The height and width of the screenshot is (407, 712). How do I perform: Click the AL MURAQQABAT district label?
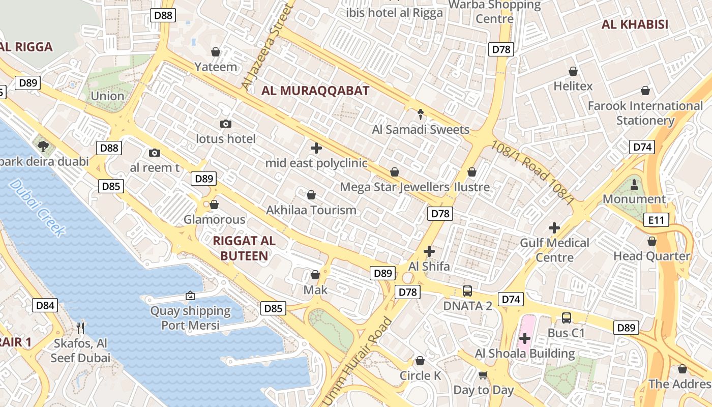click(x=315, y=91)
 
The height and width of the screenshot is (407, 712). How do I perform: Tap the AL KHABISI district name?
click(x=635, y=24)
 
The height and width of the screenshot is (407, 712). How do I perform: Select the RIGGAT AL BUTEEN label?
click(x=244, y=248)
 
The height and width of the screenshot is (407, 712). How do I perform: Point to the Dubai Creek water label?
click(x=37, y=208)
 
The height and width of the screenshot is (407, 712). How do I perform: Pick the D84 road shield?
click(x=45, y=305)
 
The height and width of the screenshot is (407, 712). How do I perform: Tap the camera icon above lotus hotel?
click(x=226, y=124)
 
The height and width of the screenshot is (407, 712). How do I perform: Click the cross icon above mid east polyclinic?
click(x=316, y=148)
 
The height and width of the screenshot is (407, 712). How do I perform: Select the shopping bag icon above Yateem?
click(x=216, y=52)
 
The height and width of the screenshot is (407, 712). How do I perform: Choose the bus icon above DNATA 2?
click(x=467, y=291)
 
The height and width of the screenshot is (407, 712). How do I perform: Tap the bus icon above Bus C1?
click(x=567, y=318)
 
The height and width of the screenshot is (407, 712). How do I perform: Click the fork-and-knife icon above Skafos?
click(x=80, y=328)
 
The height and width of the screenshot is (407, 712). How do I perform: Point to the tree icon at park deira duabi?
click(x=43, y=147)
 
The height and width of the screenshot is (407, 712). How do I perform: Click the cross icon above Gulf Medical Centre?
click(x=554, y=228)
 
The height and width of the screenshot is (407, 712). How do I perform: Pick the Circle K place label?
click(x=420, y=376)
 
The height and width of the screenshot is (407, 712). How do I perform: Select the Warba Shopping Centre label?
click(x=495, y=11)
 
